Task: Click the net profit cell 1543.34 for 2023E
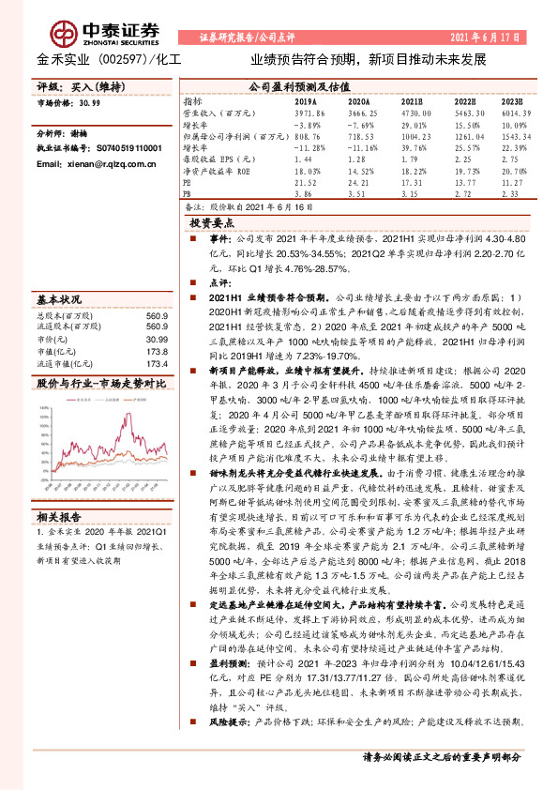(513, 135)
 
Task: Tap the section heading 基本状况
(59, 300)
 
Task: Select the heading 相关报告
(61, 517)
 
